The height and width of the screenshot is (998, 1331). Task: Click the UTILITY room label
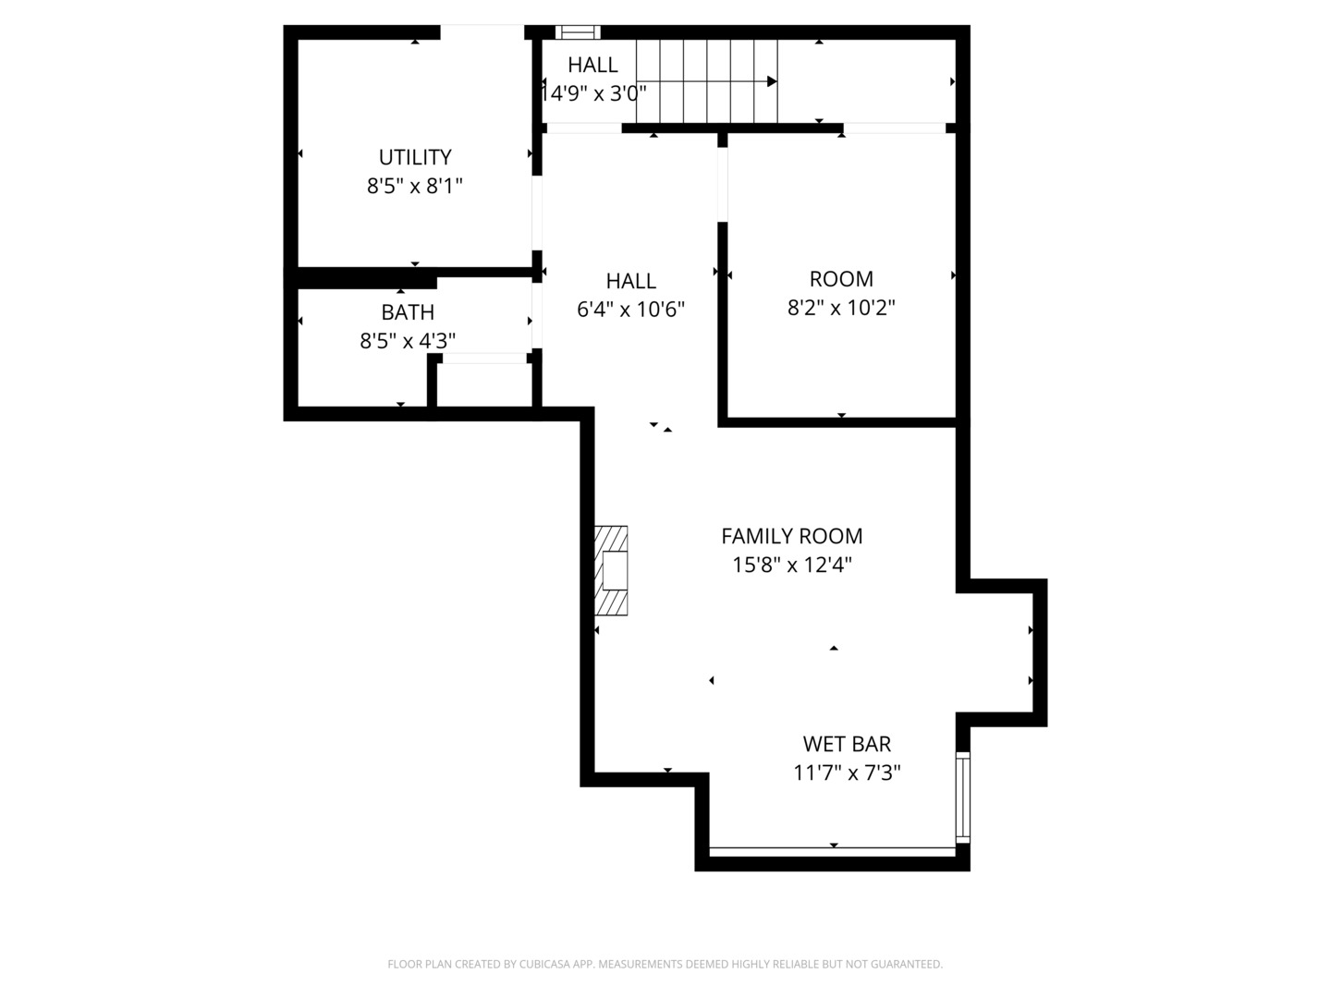pyautogui.click(x=415, y=157)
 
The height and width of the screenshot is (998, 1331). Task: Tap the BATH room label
pyautogui.click(x=408, y=312)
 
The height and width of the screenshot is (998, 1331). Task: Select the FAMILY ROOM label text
pyautogui.click(x=791, y=536)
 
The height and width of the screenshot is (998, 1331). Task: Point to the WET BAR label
pyautogui.click(x=847, y=744)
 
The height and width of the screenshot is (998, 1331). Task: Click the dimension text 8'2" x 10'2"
pyautogui.click(x=841, y=308)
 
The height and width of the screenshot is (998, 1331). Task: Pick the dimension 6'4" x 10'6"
pyautogui.click(x=630, y=310)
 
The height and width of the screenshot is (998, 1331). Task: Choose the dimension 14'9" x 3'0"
pyautogui.click(x=593, y=93)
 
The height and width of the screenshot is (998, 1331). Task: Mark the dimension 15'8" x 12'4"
pyautogui.click(x=791, y=565)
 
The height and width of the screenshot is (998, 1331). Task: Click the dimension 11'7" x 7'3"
pyautogui.click(x=847, y=773)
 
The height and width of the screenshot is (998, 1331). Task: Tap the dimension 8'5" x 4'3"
pyautogui.click(x=408, y=341)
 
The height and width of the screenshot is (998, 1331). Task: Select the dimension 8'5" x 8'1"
pyautogui.click(x=415, y=186)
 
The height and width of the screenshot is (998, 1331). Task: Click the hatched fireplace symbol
pyautogui.click(x=611, y=570)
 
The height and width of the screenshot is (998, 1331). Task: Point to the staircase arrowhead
pyautogui.click(x=772, y=81)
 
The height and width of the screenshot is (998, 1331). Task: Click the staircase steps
pyautogui.click(x=706, y=81)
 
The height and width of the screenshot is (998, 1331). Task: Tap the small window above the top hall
pyautogui.click(x=578, y=32)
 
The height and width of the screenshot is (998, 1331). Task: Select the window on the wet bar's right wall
pyautogui.click(x=962, y=797)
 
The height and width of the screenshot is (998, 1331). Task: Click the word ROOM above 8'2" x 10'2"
pyautogui.click(x=841, y=279)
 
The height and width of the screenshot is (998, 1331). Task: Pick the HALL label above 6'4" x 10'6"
pyautogui.click(x=630, y=281)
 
